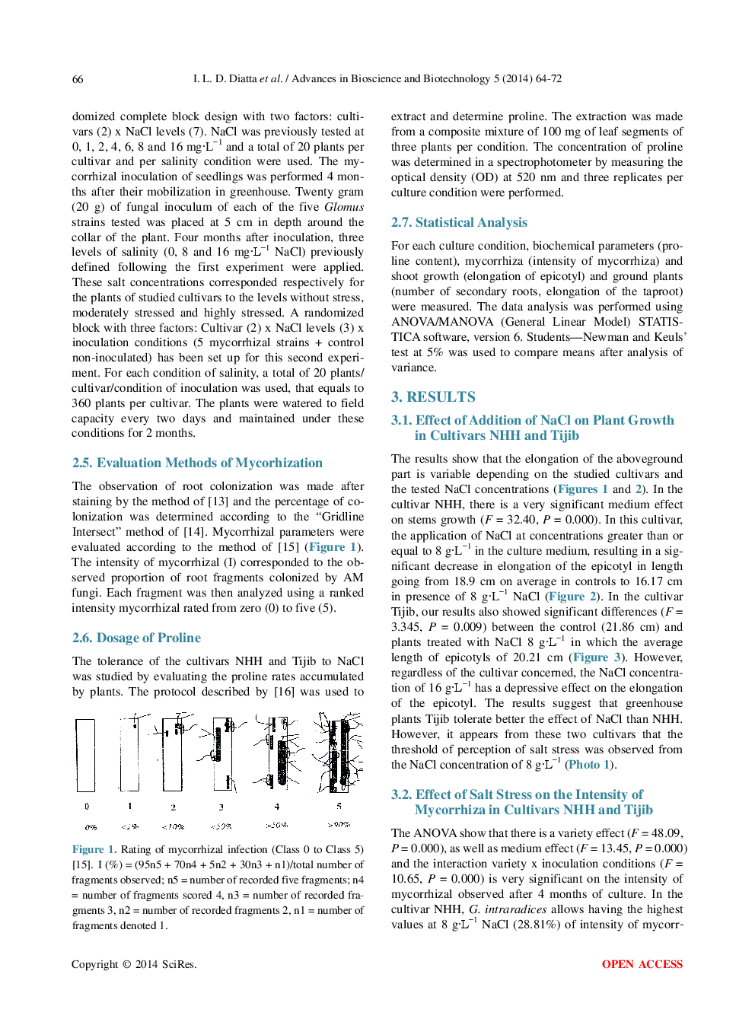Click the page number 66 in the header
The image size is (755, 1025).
coord(78,79)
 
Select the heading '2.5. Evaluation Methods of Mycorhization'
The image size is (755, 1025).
coord(197,463)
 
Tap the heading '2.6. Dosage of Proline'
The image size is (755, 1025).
coord(136,638)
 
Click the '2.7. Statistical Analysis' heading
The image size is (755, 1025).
coord(459,222)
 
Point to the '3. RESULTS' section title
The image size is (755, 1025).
coord(433,396)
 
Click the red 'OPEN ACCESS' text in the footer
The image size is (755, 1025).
coord(642,964)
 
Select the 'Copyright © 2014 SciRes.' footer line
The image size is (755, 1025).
coord(134,964)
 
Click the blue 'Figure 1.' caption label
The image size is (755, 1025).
coord(94,849)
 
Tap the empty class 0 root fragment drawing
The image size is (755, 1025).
coord(85,756)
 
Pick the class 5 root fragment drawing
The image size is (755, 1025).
coord(339,753)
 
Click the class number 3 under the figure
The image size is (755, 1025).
coord(221,807)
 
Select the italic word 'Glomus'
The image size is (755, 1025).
coord(344,207)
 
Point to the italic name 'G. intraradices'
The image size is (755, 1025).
coord(507,909)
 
